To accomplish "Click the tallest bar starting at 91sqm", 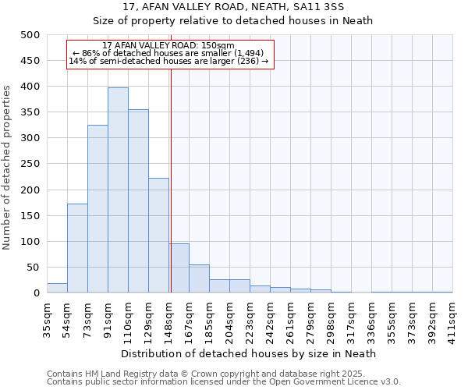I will [x=118, y=190].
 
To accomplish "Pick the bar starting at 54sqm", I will [x=77, y=248].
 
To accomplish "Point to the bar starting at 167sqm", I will [x=199, y=279].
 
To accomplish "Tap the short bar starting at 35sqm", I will [x=57, y=288].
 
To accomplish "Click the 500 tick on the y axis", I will [x=30, y=35].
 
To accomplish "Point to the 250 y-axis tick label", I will [x=30, y=164].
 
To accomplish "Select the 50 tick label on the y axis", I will [x=33, y=268].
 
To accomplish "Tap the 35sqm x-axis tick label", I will [x=48, y=319].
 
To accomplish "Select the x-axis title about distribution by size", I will [x=249, y=353].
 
